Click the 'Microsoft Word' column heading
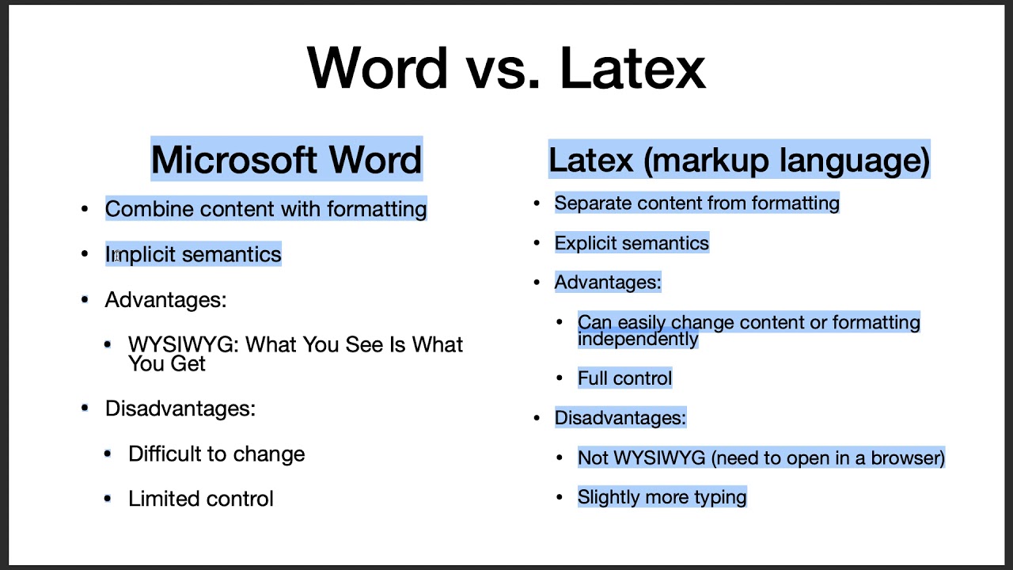coord(286,160)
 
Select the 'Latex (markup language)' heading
coord(739,160)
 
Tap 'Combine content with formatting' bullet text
coord(266,209)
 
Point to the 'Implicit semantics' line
coord(193,254)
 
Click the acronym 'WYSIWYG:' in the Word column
coord(183,345)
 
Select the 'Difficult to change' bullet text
coord(216,454)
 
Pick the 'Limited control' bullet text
coord(201,499)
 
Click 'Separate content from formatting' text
coord(696,203)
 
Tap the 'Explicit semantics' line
coord(632,243)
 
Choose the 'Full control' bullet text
coord(624,378)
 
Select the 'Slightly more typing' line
coord(662,497)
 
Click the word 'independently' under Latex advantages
coord(638,339)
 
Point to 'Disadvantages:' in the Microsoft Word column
coord(180,408)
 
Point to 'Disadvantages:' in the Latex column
coord(620,418)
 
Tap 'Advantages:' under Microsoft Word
coord(165,300)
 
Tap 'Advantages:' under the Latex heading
coord(607,283)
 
